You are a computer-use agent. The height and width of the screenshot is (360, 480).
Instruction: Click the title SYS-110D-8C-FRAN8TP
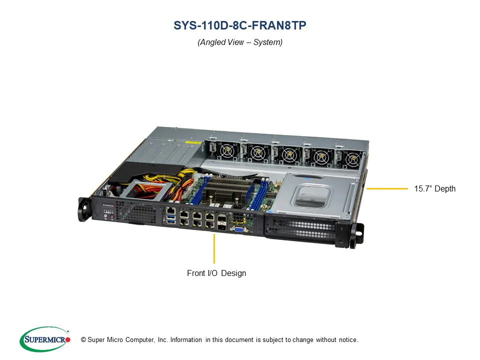click(x=240, y=26)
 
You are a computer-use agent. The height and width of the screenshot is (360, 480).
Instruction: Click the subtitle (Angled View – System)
click(x=240, y=42)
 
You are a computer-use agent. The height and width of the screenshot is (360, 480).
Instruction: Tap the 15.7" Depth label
click(x=434, y=189)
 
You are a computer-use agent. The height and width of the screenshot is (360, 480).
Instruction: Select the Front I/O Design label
click(x=216, y=273)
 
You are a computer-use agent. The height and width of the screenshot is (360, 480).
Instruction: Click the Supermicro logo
click(x=44, y=339)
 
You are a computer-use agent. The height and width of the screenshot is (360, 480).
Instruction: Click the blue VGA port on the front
click(x=239, y=229)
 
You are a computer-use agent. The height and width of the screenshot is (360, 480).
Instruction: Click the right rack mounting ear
click(x=357, y=235)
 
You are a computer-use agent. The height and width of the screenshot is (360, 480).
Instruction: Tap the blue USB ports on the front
click(x=172, y=219)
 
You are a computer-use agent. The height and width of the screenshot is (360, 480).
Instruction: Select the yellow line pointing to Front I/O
click(x=214, y=248)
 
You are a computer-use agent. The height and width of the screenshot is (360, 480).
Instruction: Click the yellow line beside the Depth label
click(x=386, y=189)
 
